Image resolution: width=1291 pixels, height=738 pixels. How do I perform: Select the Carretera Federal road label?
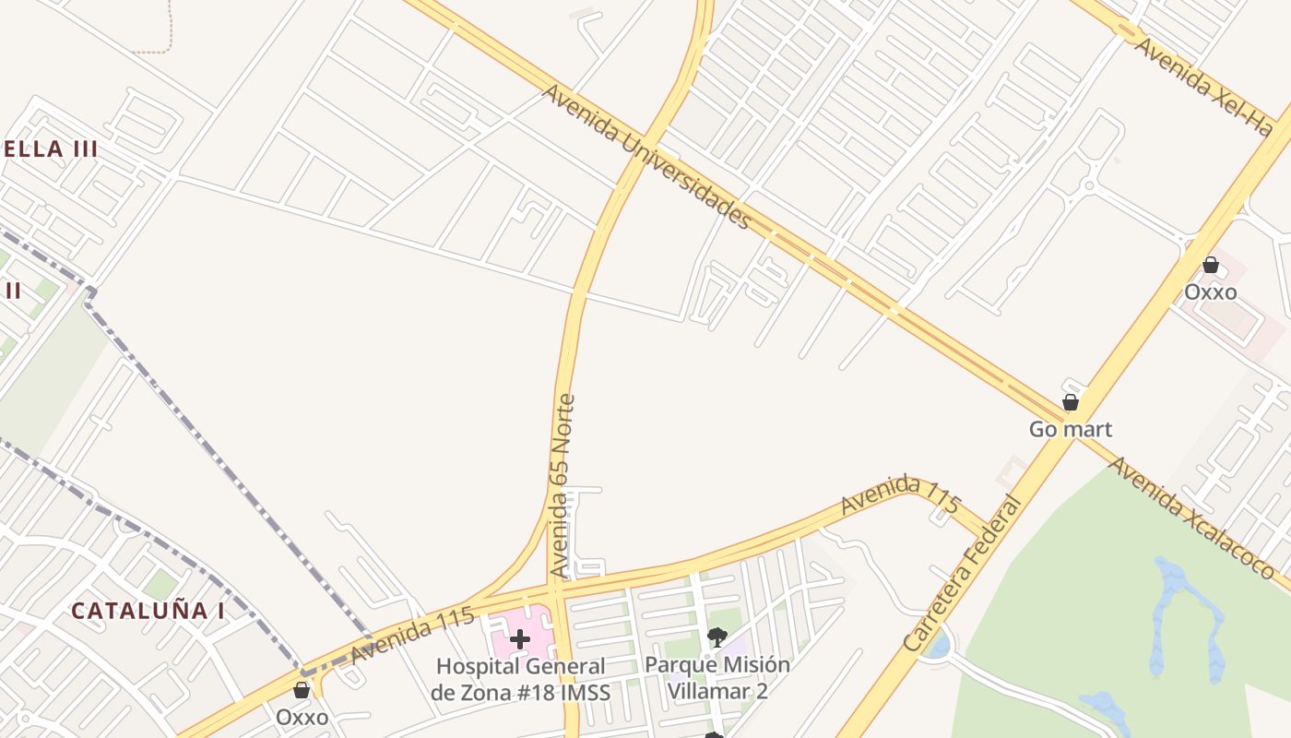(x=963, y=575)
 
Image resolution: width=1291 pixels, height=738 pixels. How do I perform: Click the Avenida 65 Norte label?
(x=562, y=486)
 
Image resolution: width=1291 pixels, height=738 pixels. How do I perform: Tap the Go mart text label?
(x=1071, y=429)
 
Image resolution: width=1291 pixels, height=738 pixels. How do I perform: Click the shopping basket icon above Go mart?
(x=1071, y=402)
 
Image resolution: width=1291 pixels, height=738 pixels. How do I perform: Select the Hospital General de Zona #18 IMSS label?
(x=520, y=679)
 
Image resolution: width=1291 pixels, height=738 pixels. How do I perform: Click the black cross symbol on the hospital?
(x=520, y=638)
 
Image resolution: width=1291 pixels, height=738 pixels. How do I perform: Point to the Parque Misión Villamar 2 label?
(x=717, y=677)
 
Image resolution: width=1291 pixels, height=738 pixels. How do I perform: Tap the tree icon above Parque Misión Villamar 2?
(x=717, y=637)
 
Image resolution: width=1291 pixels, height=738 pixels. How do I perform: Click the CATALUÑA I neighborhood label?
(x=148, y=611)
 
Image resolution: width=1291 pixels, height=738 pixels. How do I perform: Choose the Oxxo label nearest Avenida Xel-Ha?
(x=1211, y=292)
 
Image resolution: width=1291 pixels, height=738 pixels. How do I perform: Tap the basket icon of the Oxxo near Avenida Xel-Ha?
(x=1211, y=265)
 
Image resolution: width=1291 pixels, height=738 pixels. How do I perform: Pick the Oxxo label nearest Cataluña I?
(x=302, y=717)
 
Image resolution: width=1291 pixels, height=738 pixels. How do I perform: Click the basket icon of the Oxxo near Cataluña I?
(x=302, y=690)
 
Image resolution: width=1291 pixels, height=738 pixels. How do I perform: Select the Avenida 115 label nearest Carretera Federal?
(x=901, y=495)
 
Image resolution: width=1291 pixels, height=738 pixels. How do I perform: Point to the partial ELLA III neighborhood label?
(x=51, y=149)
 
